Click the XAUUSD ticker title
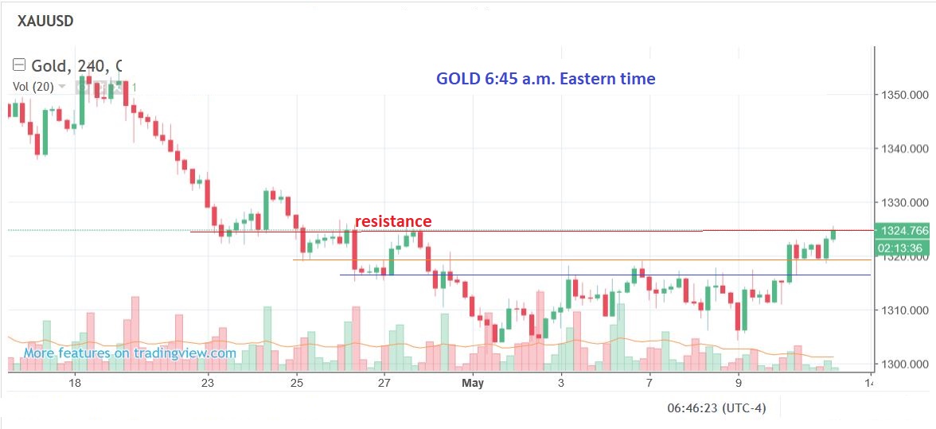tap(45, 21)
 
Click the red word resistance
tap(393, 221)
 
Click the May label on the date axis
tap(473, 383)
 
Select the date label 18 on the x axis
tap(74, 383)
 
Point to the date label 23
tap(208, 383)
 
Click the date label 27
tap(384, 383)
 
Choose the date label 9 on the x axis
tap(739, 383)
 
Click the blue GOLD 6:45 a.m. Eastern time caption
tap(545, 79)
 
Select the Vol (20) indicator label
tap(33, 87)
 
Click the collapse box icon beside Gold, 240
tap(19, 65)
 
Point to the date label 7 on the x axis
tap(649, 383)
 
